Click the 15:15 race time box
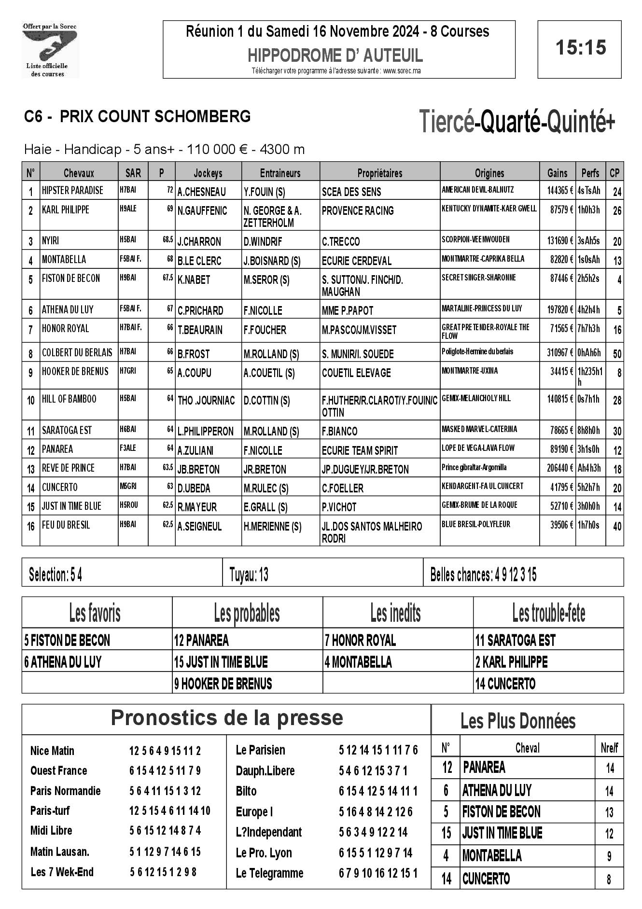point(580,49)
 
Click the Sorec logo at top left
point(50,50)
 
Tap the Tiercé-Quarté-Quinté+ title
point(517,122)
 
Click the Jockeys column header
point(208,173)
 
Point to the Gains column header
point(557,173)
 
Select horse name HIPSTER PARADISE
point(72,190)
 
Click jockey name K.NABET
point(194,280)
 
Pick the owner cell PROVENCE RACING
point(358,211)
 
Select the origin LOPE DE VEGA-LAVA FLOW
point(478,448)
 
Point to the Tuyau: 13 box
point(249,575)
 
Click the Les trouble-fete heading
point(548,614)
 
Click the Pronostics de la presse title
point(227,718)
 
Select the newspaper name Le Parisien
point(260,750)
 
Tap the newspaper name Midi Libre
point(51,830)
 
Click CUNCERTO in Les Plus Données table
point(486,879)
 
